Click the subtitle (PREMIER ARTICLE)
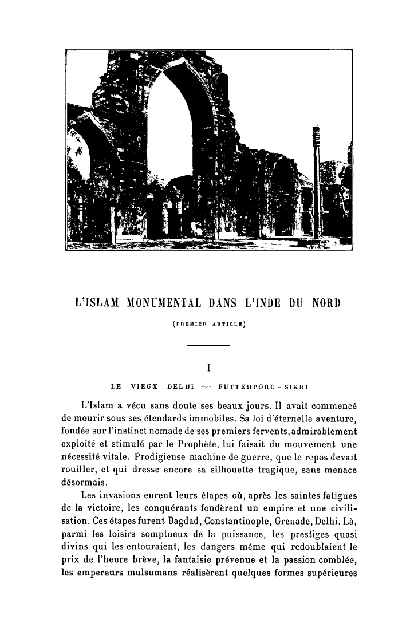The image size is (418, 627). pos(208,324)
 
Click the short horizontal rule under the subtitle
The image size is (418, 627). pos(208,345)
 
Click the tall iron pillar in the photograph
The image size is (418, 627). pos(316,189)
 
